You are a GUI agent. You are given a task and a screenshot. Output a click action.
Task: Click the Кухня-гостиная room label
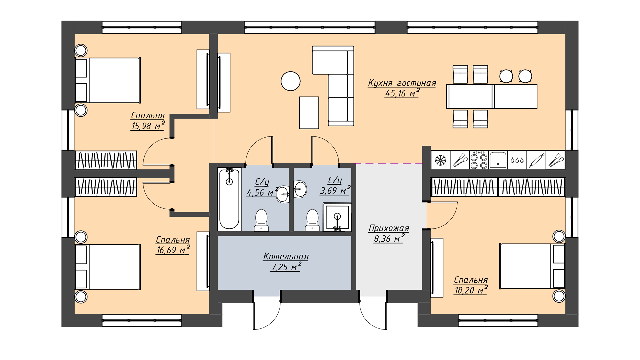(x=402, y=83)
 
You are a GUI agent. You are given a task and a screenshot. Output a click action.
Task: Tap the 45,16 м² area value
(x=402, y=93)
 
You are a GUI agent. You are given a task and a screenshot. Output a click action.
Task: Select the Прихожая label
(x=389, y=228)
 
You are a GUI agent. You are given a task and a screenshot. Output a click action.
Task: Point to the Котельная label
(x=286, y=256)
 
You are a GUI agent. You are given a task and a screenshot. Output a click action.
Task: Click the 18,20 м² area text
(x=471, y=290)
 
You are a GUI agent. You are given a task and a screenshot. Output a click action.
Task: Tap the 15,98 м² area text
(x=148, y=126)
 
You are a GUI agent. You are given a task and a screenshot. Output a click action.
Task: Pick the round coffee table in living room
(x=291, y=81)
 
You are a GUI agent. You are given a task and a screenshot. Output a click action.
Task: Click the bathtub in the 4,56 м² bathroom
(x=229, y=199)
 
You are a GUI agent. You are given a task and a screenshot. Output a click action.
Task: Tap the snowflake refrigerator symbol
(x=440, y=160)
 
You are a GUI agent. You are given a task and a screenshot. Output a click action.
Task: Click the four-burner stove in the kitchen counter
(x=479, y=160)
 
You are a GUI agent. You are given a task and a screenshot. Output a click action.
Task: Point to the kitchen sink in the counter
(x=498, y=160)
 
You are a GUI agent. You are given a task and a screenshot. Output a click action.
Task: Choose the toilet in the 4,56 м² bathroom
(x=261, y=220)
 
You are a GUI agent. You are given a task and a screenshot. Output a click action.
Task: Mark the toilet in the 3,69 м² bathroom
(x=312, y=220)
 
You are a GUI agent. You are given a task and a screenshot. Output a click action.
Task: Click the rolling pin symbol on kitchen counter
(x=536, y=160)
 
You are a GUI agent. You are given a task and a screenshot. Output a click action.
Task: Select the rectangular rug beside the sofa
(x=309, y=113)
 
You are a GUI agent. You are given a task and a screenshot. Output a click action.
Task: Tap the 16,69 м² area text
(x=173, y=250)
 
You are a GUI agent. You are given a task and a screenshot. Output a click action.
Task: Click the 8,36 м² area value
(x=389, y=239)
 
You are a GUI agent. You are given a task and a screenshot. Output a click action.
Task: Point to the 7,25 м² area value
(x=286, y=267)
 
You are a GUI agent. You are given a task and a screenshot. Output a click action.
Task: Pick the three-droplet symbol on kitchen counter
(x=517, y=160)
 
